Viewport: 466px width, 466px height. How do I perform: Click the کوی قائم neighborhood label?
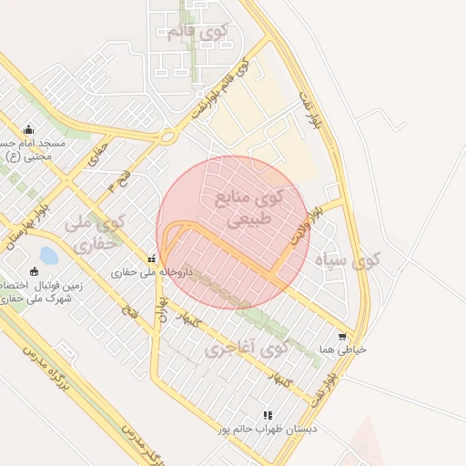tap(198, 33)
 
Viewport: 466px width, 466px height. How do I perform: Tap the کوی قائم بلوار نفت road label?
tap(220, 91)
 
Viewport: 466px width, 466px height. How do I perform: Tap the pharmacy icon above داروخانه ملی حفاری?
tap(151, 258)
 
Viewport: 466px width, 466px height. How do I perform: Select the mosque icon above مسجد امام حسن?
tap(28, 129)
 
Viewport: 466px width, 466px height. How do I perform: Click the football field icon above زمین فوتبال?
tap(35, 270)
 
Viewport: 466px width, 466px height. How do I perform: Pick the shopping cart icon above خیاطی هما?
tap(342, 336)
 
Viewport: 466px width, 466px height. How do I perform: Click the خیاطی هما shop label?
tap(342, 349)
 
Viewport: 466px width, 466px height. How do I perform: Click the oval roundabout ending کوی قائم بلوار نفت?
tap(167, 137)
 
